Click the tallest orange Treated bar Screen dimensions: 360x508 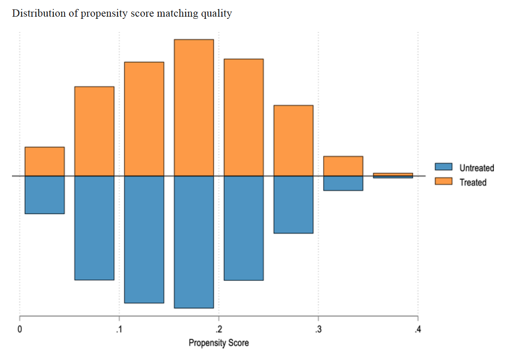click(194, 107)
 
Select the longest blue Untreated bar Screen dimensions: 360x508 click(194, 242)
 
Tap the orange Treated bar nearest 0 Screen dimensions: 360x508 click(44, 161)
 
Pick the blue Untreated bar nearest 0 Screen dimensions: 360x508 click(44, 195)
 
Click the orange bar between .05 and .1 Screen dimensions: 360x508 click(94, 131)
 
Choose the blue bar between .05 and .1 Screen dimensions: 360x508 click(94, 228)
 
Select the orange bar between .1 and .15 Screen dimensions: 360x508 click(144, 119)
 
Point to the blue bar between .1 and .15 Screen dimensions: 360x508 click(144, 239)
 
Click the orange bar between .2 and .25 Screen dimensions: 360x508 click(244, 117)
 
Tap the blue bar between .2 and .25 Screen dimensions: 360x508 click(244, 228)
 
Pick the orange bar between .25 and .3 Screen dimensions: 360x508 click(293, 140)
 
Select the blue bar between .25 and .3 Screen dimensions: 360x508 click(293, 204)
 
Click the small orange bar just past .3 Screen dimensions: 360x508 click(343, 166)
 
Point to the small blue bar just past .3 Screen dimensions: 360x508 click(343, 183)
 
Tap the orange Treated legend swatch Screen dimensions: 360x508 click(443, 182)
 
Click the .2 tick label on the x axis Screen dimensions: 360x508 click(219, 330)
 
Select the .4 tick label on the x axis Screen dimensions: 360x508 click(418, 330)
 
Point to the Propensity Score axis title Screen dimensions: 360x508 click(219, 343)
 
